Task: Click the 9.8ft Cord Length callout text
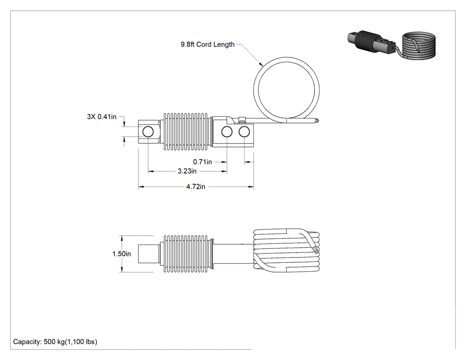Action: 207,44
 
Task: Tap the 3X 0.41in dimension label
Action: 102,117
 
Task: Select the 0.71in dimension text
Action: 202,162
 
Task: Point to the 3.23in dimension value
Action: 187,171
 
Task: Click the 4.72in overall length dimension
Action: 196,187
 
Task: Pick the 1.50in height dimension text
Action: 122,254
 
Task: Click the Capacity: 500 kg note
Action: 55,342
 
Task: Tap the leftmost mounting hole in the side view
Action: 148,132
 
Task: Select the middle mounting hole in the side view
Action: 227,132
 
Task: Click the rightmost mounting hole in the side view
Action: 244,132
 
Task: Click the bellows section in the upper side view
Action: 186,131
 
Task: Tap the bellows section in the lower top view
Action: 186,254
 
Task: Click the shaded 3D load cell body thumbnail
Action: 371,43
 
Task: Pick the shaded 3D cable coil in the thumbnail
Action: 419,46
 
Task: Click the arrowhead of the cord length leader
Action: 261,64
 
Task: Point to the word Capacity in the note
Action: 28,342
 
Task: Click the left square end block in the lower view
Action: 149,254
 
